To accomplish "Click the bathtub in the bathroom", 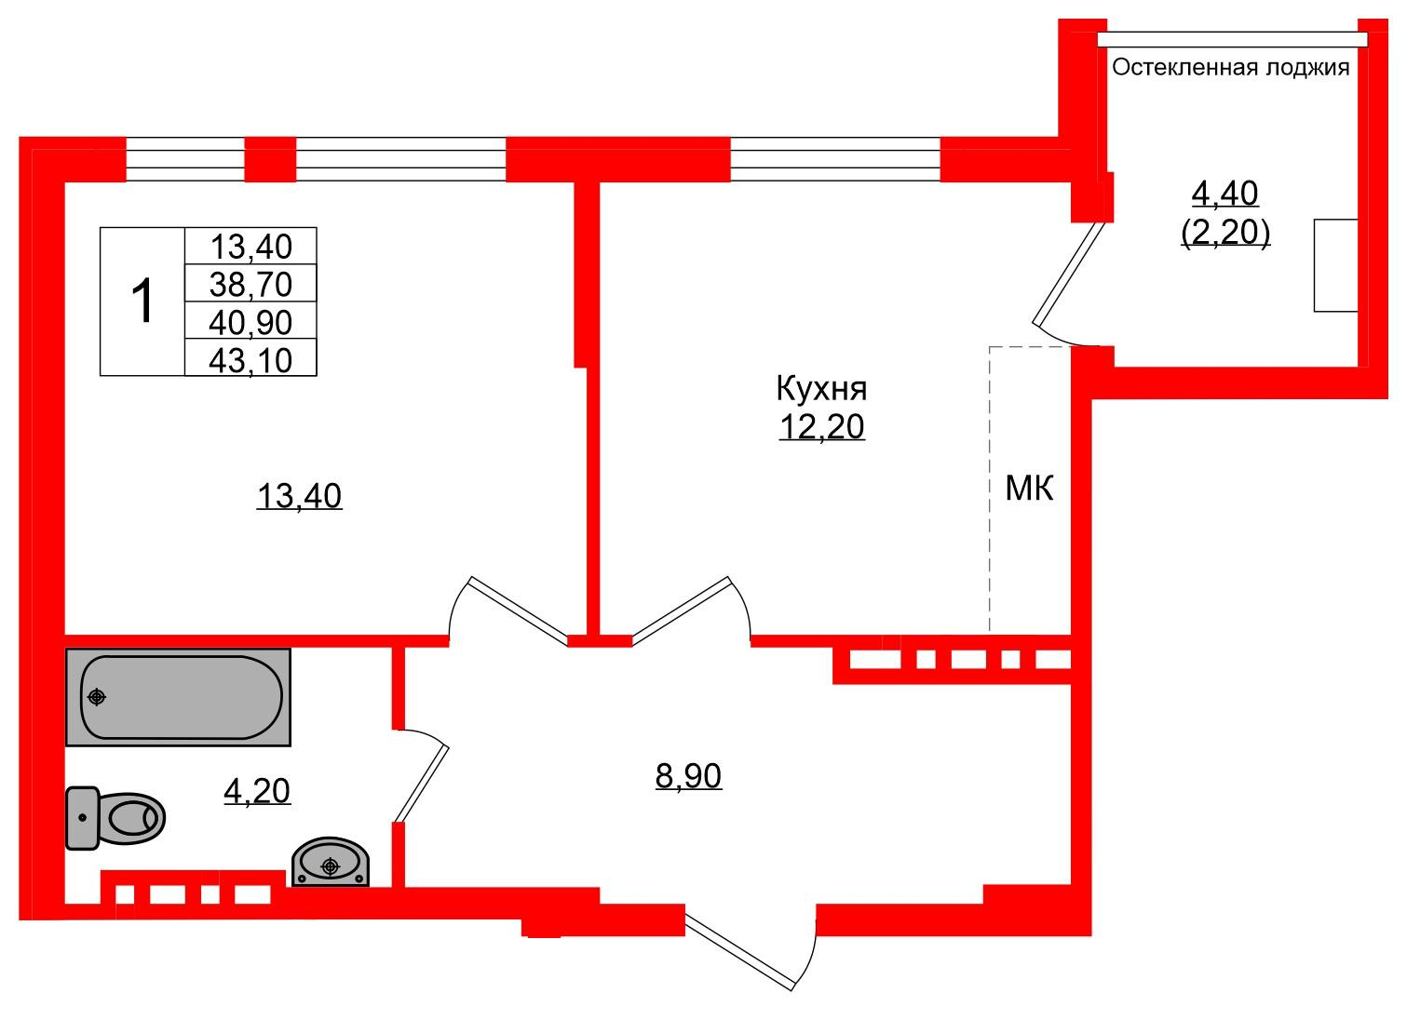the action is click(179, 697).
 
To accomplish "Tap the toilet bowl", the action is click(115, 818).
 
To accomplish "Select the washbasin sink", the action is click(331, 862).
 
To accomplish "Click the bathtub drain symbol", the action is click(97, 697).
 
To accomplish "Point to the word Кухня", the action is click(821, 388).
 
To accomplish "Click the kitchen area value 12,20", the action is click(821, 427).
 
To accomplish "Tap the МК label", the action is click(1029, 489).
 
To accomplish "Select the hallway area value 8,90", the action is click(688, 776).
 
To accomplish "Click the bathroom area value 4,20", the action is click(257, 791).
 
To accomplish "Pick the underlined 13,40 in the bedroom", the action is click(300, 496).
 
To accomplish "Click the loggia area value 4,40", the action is click(1224, 194).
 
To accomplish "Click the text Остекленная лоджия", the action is click(1231, 67).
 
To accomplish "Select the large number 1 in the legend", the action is click(143, 302).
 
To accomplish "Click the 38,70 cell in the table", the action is click(250, 284).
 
